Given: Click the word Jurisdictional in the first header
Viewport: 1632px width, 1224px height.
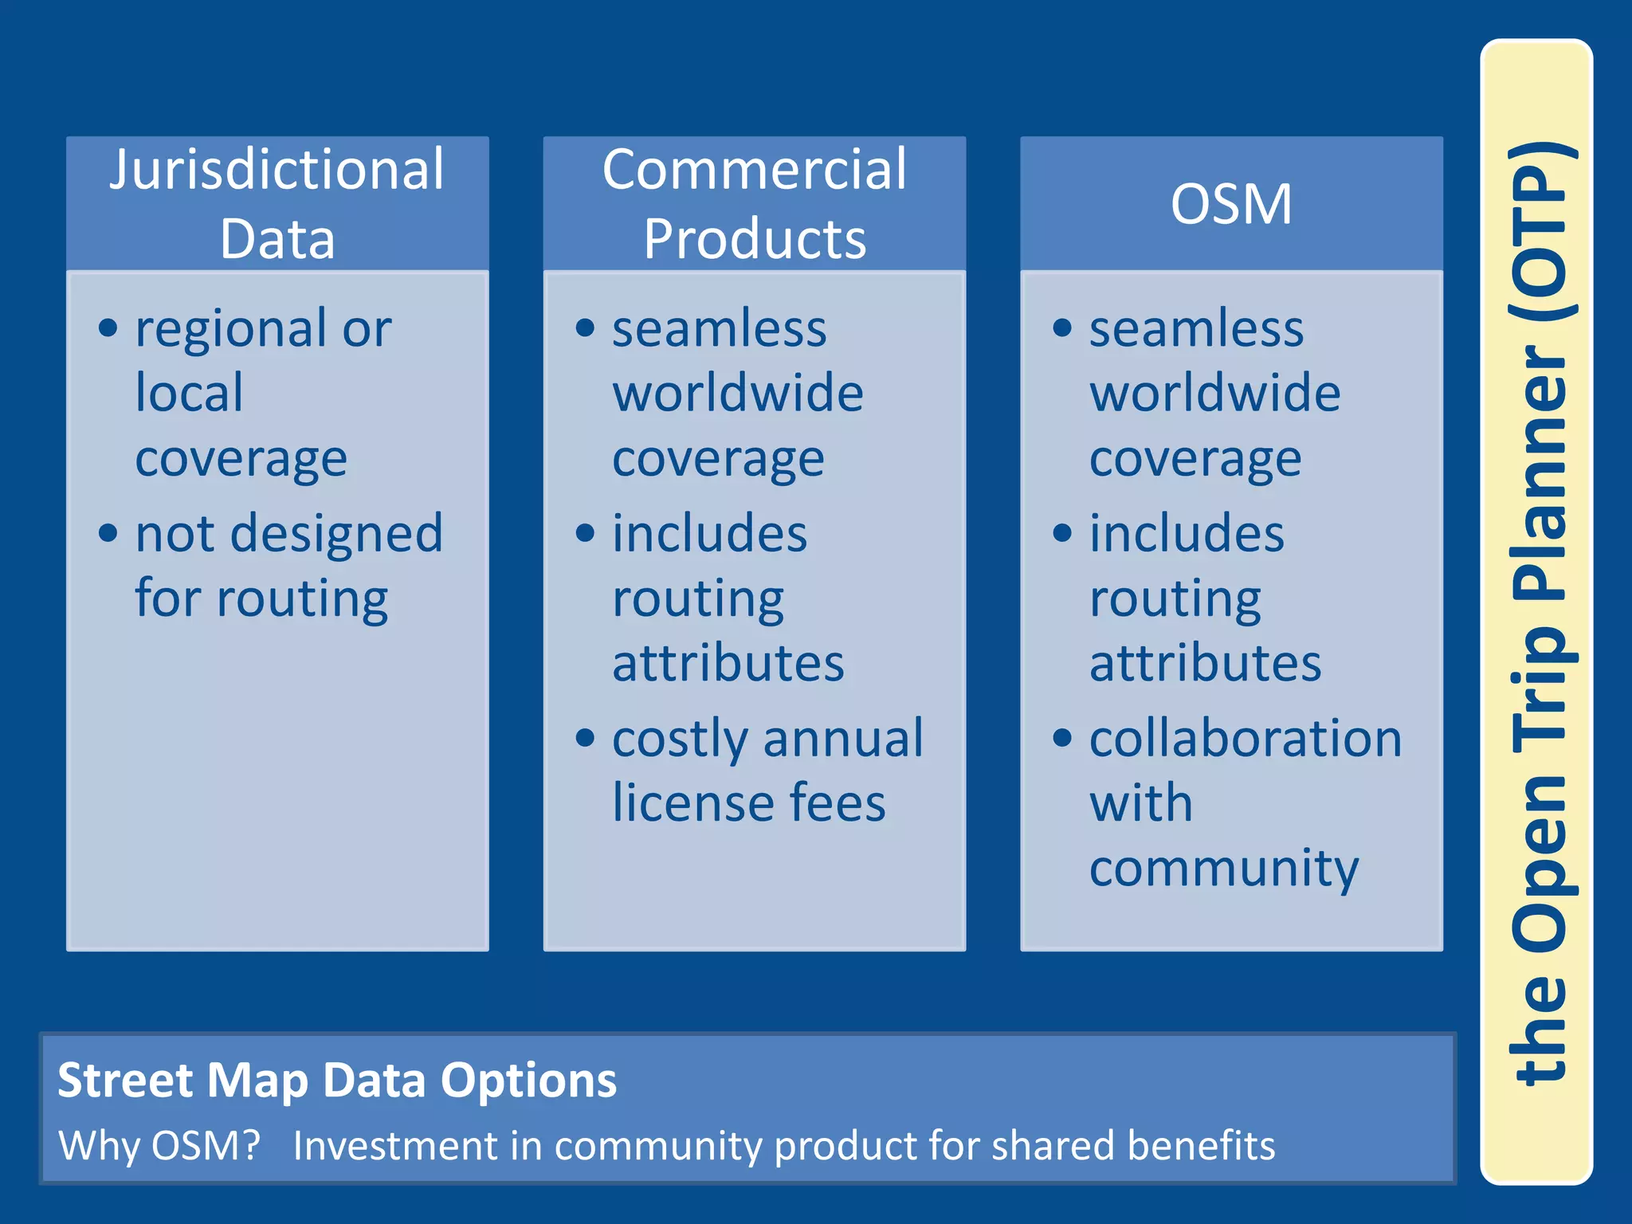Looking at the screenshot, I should click(x=277, y=171).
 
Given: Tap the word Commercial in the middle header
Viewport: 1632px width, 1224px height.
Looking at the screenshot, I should click(x=754, y=171).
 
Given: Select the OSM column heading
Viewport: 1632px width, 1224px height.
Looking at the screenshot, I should click(x=1231, y=204).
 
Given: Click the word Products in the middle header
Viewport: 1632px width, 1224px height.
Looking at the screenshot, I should click(x=755, y=239).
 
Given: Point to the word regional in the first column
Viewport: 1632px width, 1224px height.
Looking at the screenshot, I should click(x=230, y=330).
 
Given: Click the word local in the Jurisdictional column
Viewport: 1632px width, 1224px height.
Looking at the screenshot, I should click(x=189, y=393).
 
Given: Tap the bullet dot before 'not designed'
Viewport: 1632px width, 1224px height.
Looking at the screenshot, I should click(x=108, y=532).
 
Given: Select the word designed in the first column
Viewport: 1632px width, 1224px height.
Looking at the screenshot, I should click(x=336, y=534).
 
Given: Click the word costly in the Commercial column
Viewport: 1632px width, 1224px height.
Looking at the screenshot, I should click(x=680, y=739).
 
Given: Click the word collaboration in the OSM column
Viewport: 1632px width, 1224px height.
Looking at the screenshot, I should click(x=1245, y=739).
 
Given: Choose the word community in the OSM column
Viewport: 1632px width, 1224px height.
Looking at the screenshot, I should click(x=1223, y=869).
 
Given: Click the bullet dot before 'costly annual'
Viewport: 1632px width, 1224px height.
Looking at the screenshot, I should click(x=586, y=738).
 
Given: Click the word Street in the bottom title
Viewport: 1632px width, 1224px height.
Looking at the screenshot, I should click(x=125, y=1081).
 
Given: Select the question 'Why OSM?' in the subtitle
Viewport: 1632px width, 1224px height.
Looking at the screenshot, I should click(x=159, y=1146).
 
